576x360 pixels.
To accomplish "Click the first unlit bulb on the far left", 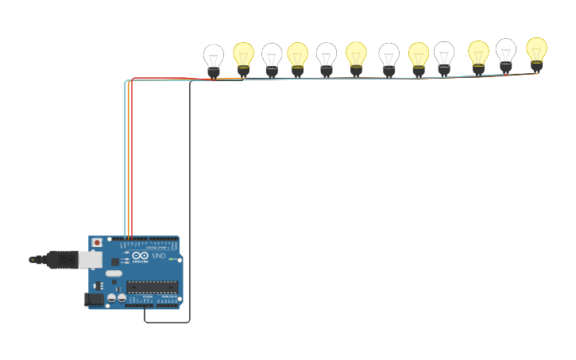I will click(213, 59).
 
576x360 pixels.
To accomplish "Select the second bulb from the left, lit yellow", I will click(243, 56).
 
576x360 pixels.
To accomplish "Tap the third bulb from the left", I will click(272, 58).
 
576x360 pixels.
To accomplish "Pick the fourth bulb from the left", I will click(297, 56).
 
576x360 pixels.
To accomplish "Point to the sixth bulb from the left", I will click(356, 56).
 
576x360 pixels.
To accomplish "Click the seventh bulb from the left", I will click(389, 57).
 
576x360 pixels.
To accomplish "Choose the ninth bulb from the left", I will click(444, 56).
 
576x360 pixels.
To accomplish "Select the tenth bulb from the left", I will click(478, 55).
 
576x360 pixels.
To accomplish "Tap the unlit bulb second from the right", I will click(505, 53).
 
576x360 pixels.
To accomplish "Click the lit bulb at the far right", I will click(536, 52).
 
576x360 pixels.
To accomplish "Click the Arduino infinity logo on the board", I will click(141, 255).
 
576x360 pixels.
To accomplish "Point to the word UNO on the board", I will click(158, 255).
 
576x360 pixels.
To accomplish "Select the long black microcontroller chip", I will click(152, 287).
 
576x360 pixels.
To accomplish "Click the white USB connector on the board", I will click(90, 259).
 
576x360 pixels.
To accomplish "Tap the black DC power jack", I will click(93, 300).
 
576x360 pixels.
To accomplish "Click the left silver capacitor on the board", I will click(111, 298).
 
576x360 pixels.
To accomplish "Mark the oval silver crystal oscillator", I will click(114, 273).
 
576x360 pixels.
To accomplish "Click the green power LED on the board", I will click(171, 259).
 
